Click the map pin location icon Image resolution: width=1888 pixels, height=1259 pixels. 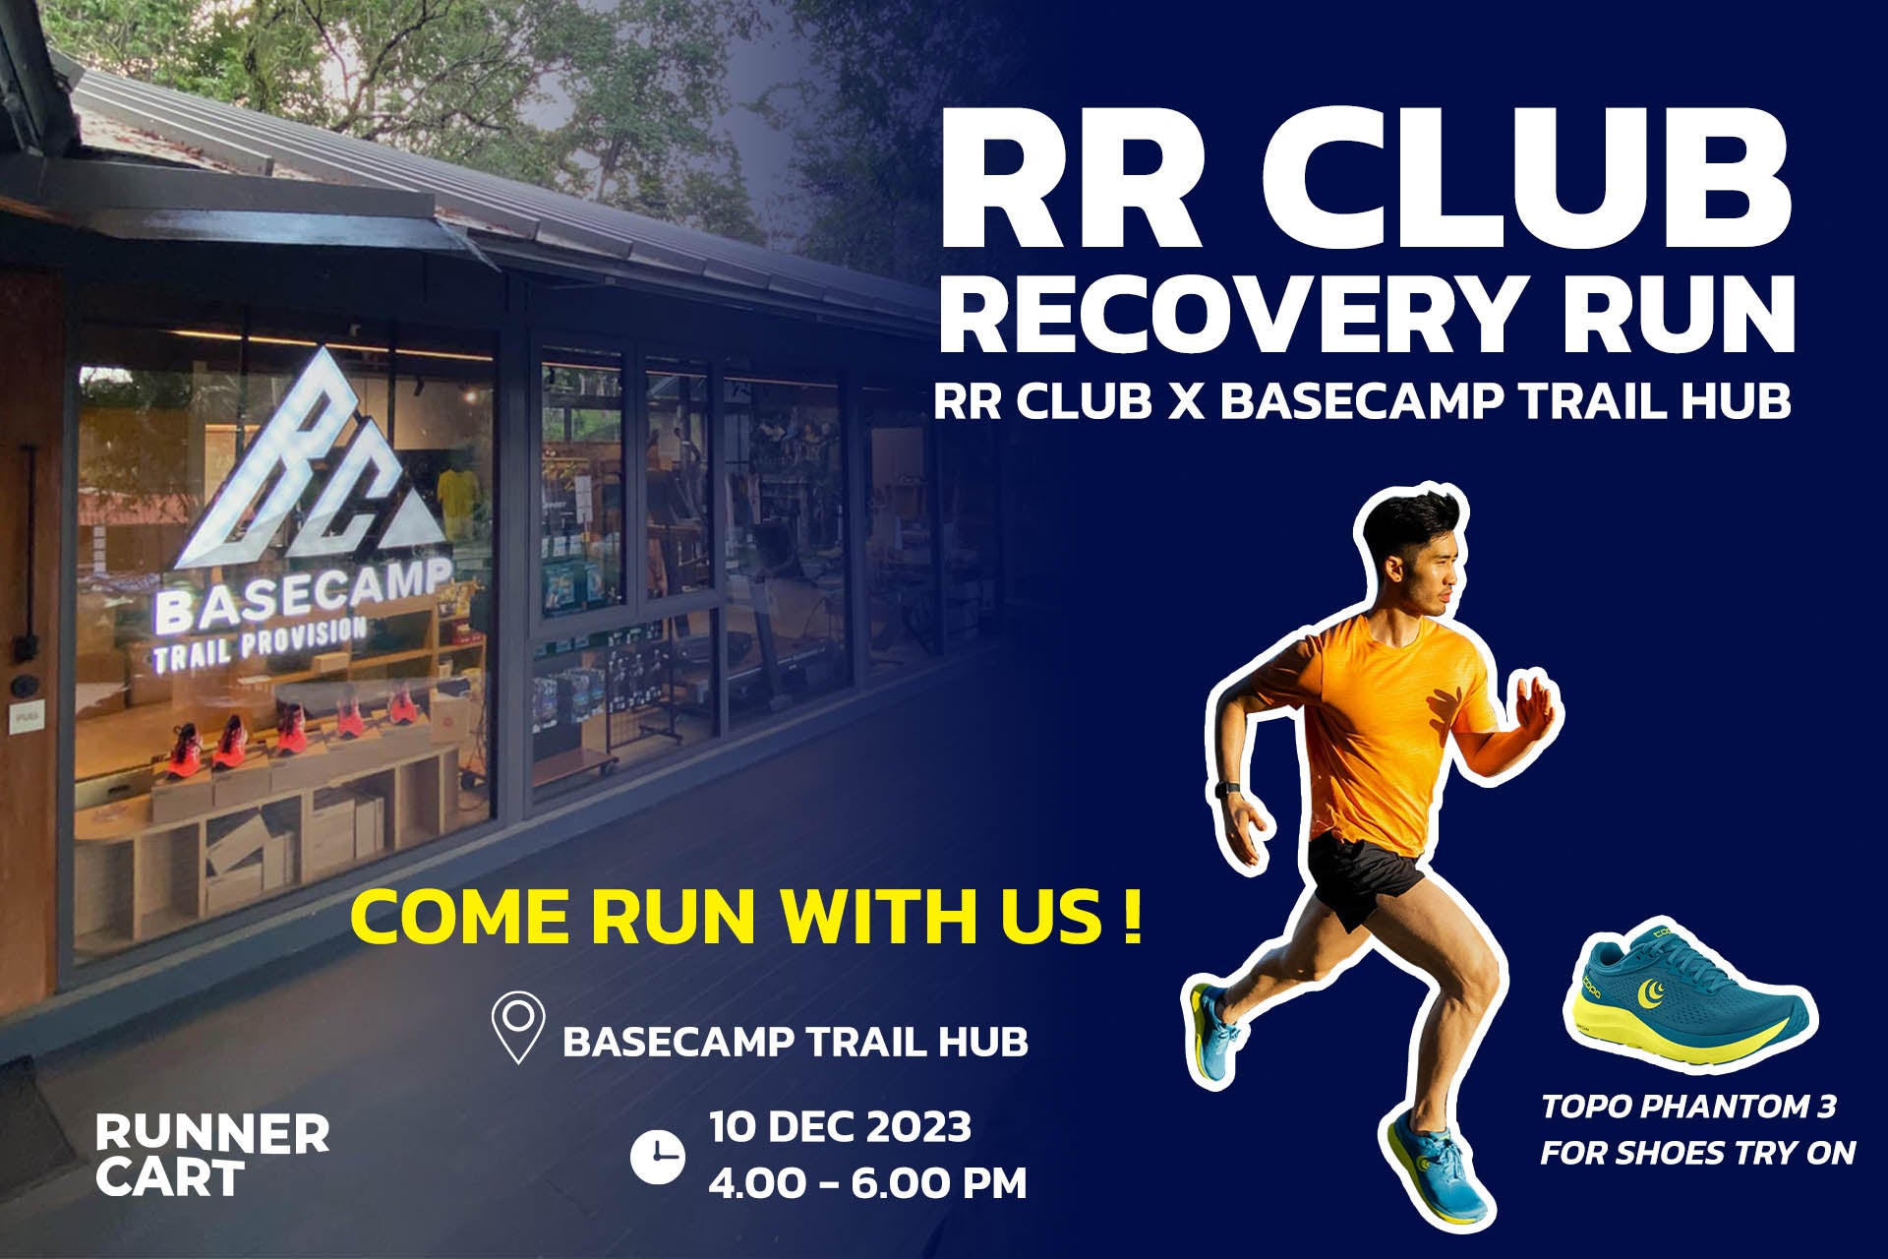pos(517,1027)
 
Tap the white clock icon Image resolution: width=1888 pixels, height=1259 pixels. pos(657,1157)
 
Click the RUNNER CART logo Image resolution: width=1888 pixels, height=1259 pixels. pos(211,1155)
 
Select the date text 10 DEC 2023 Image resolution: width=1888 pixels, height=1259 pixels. pos(840,1127)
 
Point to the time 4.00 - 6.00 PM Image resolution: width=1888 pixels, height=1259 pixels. pos(866,1183)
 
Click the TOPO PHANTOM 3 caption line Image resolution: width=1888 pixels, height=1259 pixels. pos(1688,1107)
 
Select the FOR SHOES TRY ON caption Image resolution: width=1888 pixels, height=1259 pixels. pos(1697,1153)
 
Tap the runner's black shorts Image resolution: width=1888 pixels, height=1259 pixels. pos(1363,875)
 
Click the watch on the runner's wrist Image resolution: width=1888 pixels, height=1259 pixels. pos(1226,790)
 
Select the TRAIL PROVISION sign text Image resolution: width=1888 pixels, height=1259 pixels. pos(261,645)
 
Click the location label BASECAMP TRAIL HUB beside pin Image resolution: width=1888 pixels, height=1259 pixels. pos(795,1042)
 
